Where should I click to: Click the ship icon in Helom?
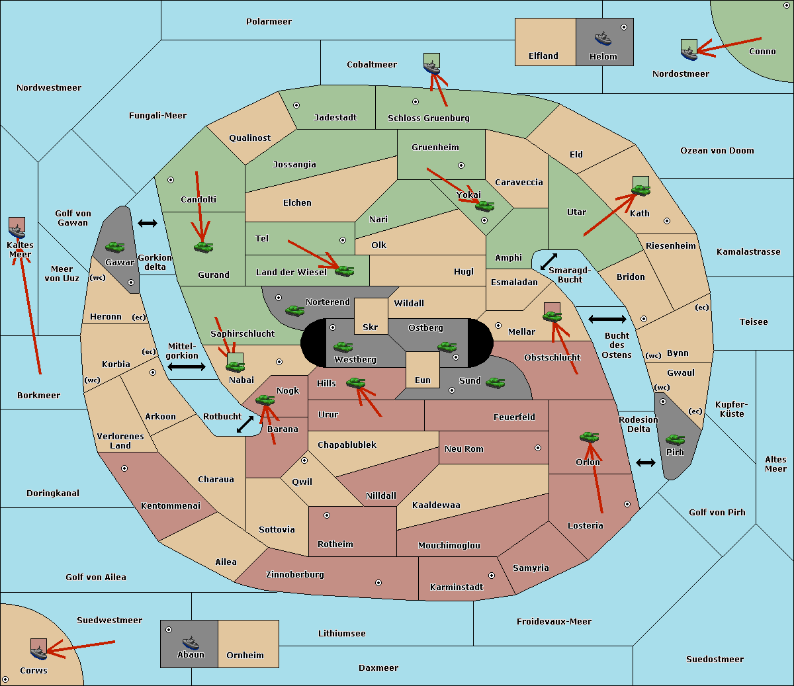coord(603,38)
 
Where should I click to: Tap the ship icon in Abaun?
coord(191,642)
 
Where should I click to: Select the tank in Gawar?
coord(115,247)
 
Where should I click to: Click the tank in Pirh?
coord(675,439)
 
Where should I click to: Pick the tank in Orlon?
coord(589,437)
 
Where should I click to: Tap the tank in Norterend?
coord(294,310)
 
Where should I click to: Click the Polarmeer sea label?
coord(269,22)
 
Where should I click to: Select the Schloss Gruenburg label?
coord(429,118)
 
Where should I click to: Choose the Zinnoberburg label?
coord(295,575)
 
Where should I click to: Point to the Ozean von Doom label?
coord(717,151)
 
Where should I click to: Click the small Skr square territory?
coord(371,316)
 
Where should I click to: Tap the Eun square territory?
coord(423,370)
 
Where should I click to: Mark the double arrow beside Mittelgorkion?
coord(187,366)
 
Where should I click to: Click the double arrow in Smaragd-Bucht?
coord(549,261)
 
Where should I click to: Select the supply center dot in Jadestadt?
coord(296,105)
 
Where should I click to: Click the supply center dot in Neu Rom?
coord(538,448)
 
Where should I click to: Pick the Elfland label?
coord(543,56)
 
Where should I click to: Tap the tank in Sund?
coord(495,382)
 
